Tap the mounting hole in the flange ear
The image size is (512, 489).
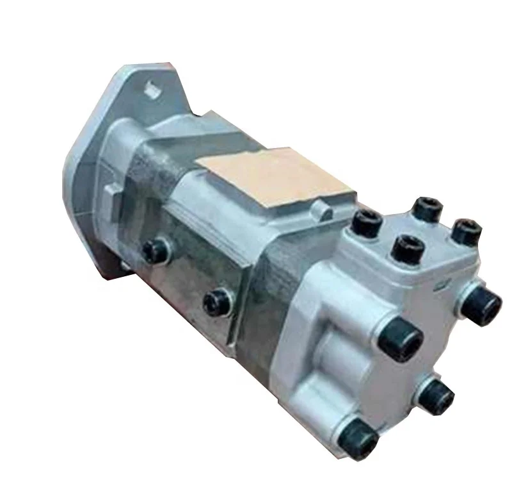[152, 89]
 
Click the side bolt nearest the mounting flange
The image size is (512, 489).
[154, 249]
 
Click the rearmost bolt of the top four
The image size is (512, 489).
[427, 208]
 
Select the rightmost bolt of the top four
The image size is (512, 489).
[467, 232]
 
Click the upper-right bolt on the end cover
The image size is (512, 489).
[481, 303]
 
